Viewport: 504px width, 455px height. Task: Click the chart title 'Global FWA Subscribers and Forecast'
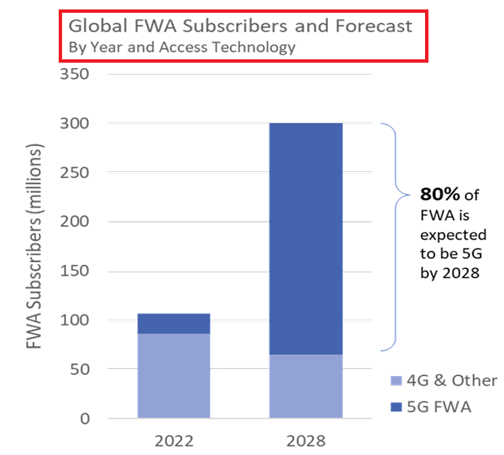(241, 27)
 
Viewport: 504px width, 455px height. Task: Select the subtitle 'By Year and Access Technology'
(182, 48)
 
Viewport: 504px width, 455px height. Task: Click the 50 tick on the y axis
(81, 369)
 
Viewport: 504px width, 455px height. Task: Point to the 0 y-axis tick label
(85, 419)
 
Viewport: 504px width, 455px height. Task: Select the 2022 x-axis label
(173, 442)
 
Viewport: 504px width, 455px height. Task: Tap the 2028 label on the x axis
(306, 442)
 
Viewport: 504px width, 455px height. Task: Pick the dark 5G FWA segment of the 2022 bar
(173, 324)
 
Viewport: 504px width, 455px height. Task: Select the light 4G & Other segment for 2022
(173, 375)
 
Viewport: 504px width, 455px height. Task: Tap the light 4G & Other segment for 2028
(306, 386)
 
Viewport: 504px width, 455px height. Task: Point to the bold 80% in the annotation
(440, 194)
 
